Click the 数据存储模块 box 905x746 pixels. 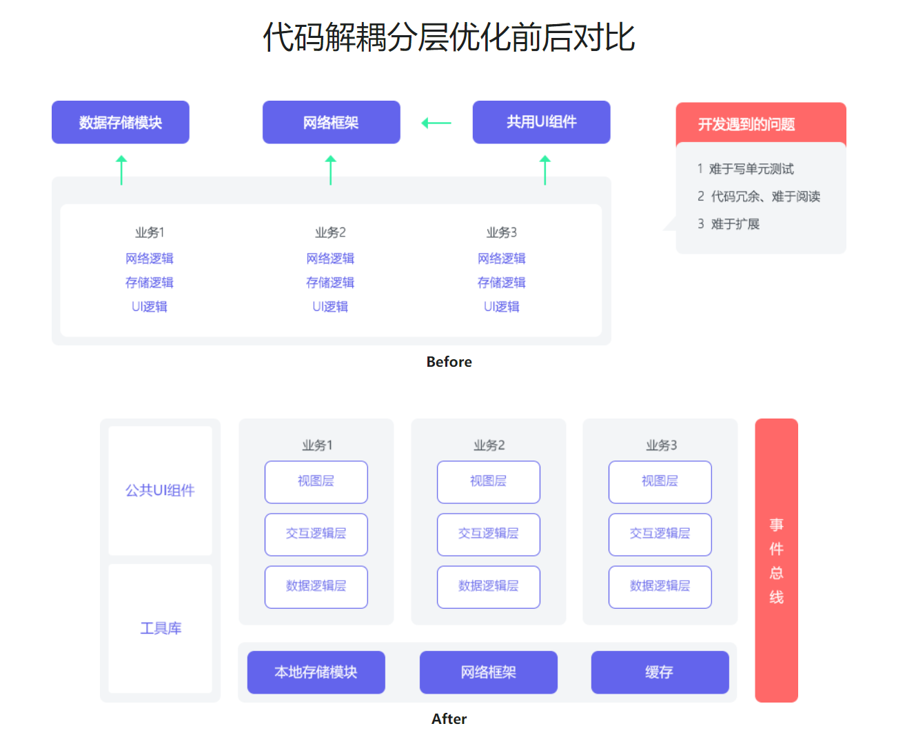121,123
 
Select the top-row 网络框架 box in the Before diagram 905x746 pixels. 331,123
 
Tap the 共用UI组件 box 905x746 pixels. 541,122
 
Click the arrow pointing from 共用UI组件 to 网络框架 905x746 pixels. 436,123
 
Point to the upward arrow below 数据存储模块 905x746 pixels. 122,170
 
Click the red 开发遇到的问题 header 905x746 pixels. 760,124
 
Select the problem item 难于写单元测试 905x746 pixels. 751,169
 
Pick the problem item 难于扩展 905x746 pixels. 735,224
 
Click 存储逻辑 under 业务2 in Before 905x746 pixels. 330,283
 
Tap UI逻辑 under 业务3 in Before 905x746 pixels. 501,307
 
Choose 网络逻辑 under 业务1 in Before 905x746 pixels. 150,259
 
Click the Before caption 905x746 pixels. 449,362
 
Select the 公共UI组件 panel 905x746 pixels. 160,490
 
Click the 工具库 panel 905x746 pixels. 161,628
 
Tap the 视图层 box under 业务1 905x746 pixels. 316,481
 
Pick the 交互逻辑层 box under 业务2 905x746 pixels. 488,534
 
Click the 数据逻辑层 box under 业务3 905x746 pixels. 660,586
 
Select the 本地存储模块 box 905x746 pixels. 316,672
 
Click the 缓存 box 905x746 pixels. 660,672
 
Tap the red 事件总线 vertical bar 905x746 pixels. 776,560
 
